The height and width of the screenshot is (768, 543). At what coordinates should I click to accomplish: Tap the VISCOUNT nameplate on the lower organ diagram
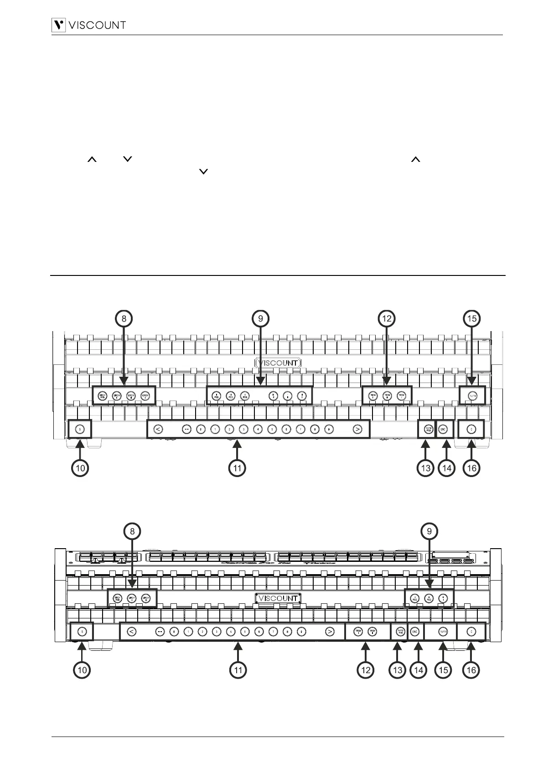[278, 598]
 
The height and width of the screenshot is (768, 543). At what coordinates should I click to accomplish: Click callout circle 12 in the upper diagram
[387, 319]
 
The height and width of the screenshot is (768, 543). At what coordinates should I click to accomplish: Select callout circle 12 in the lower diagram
[366, 670]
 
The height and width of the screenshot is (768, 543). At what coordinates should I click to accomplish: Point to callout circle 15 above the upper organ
[472, 319]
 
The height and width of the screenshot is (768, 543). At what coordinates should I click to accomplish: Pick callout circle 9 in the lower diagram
[429, 531]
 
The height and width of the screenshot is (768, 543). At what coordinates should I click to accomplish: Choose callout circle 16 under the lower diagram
[471, 670]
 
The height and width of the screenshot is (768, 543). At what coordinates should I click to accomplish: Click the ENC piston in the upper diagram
[444, 429]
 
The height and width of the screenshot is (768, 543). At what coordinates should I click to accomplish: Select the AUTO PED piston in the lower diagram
[400, 632]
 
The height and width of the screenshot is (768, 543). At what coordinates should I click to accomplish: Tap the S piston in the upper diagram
[80, 429]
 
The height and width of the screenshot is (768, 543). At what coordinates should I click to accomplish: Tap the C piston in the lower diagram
[471, 632]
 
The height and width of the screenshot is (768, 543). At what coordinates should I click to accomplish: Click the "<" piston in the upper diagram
[157, 429]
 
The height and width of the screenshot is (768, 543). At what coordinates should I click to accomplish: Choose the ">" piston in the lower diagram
[330, 632]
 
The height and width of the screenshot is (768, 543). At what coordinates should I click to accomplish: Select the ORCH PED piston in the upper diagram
[103, 395]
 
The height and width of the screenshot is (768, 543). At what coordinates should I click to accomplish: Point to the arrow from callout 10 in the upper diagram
[80, 449]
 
